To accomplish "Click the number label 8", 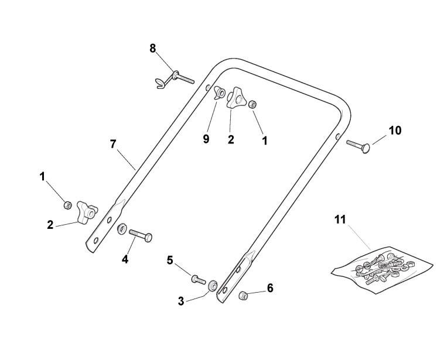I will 153,49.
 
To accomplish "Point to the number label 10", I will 395,130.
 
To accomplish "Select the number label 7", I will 113,144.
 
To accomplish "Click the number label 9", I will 206,139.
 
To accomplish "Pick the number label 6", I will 270,288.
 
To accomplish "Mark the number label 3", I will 181,301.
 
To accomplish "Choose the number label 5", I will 170,260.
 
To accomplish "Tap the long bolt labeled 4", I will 140,234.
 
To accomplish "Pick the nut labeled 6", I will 243,296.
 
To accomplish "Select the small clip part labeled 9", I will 221,92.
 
